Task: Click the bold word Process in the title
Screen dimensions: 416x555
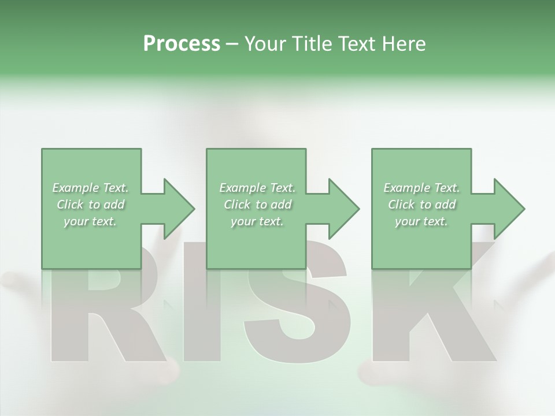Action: tap(182, 44)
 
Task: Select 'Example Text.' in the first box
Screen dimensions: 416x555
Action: tap(91, 188)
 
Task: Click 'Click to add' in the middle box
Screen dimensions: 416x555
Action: tap(257, 205)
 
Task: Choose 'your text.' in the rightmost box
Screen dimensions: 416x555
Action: tap(421, 221)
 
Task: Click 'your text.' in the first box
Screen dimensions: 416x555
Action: tap(91, 221)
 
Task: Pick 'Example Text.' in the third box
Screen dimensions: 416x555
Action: tap(421, 188)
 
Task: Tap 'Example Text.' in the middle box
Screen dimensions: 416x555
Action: tap(257, 188)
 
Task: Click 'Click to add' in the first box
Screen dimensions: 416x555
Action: tap(91, 205)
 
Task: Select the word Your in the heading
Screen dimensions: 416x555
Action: tap(267, 44)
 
